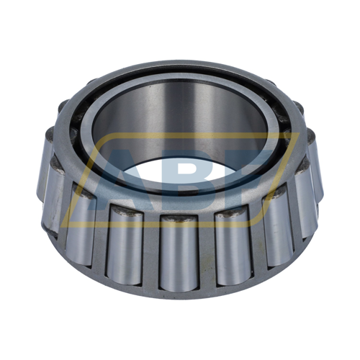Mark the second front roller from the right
(277, 223)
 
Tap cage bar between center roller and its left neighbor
(150, 248)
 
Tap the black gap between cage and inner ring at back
(180, 89)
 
